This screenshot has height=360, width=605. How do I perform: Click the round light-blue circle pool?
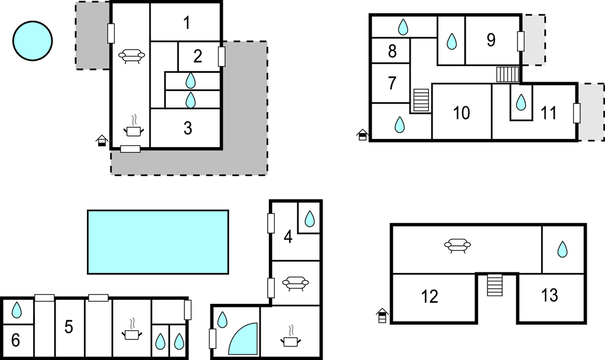[x=32, y=41]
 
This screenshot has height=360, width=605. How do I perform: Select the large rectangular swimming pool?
[x=158, y=242]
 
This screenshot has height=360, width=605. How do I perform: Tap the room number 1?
[x=187, y=23]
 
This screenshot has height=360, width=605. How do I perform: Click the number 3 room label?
[x=187, y=128]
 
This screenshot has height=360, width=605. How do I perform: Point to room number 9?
[x=491, y=40]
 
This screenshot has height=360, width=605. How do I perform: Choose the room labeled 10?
[x=461, y=113]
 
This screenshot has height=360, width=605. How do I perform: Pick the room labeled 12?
[x=430, y=296]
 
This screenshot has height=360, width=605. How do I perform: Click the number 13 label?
[x=549, y=295]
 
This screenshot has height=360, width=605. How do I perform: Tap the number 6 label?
[x=15, y=340]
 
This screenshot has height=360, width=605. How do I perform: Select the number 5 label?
[x=69, y=327]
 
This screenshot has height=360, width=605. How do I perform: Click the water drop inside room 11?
[x=521, y=102]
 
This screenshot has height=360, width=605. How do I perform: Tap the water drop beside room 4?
[x=310, y=219]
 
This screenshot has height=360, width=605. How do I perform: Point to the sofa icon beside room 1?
[x=132, y=56]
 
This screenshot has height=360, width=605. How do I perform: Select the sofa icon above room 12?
[x=458, y=245]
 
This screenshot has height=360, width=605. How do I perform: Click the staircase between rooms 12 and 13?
[x=495, y=285]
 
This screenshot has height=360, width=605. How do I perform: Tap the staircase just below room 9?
[x=508, y=74]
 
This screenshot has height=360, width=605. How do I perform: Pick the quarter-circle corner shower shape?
[x=243, y=339]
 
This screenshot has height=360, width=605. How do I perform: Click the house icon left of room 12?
[x=382, y=316]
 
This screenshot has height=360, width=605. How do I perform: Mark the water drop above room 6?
[x=17, y=310]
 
